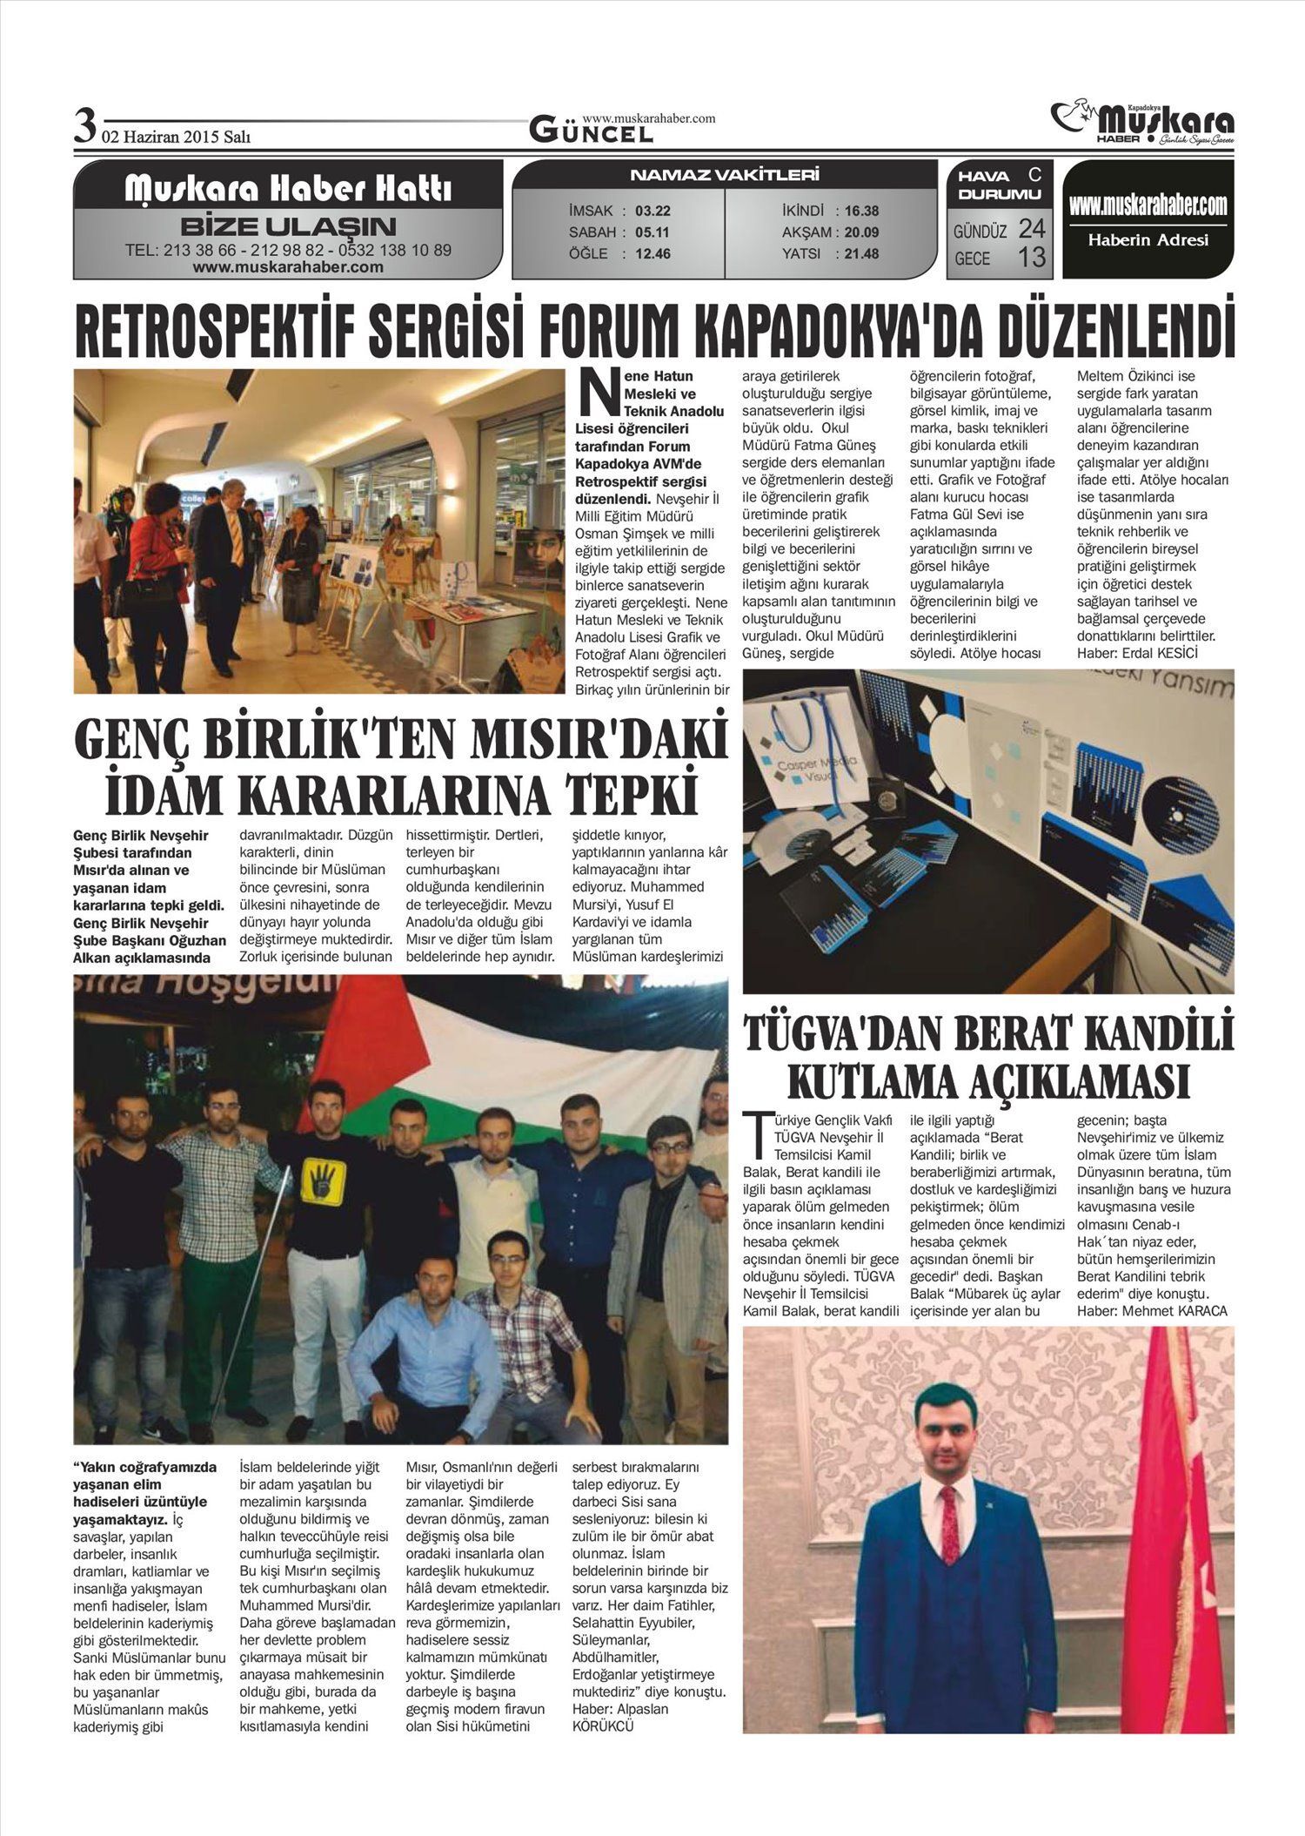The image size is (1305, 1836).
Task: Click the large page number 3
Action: click(x=84, y=127)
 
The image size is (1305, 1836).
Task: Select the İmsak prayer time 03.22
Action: click(x=652, y=211)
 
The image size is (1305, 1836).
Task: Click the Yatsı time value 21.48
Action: click(x=861, y=254)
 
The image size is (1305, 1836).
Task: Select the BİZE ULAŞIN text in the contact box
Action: click(x=288, y=227)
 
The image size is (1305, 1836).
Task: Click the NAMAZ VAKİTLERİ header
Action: click(x=725, y=176)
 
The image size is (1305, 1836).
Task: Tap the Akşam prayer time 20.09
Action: click(x=861, y=232)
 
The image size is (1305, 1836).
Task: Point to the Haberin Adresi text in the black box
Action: click(x=1148, y=240)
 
